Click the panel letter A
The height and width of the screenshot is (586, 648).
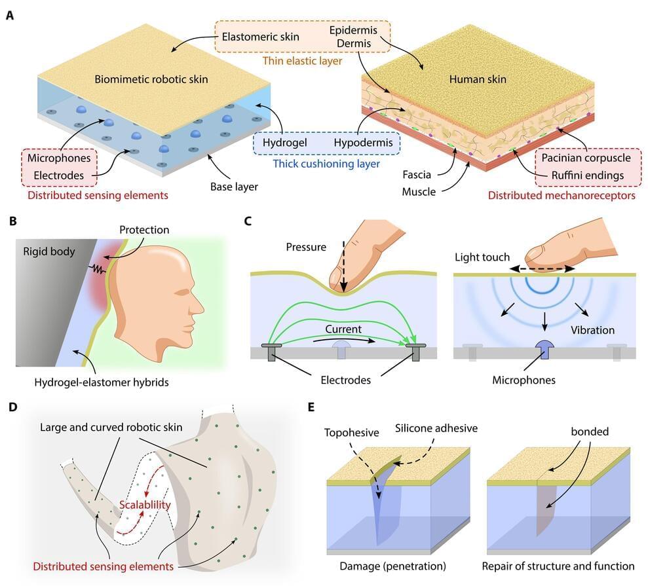pos(10,14)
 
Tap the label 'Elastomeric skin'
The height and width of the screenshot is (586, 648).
pos(261,37)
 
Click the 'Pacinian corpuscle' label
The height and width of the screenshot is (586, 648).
pos(582,158)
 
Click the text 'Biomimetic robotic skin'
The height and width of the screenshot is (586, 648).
pos(151,80)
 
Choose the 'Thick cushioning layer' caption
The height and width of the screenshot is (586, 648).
pos(326,163)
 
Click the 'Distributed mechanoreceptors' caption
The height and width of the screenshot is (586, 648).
pos(562,195)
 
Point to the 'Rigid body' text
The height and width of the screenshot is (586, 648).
pos(49,251)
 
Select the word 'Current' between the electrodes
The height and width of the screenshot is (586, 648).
pos(344,327)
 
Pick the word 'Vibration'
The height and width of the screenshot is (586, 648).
pos(592,329)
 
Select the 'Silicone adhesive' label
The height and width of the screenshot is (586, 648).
pos(436,428)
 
